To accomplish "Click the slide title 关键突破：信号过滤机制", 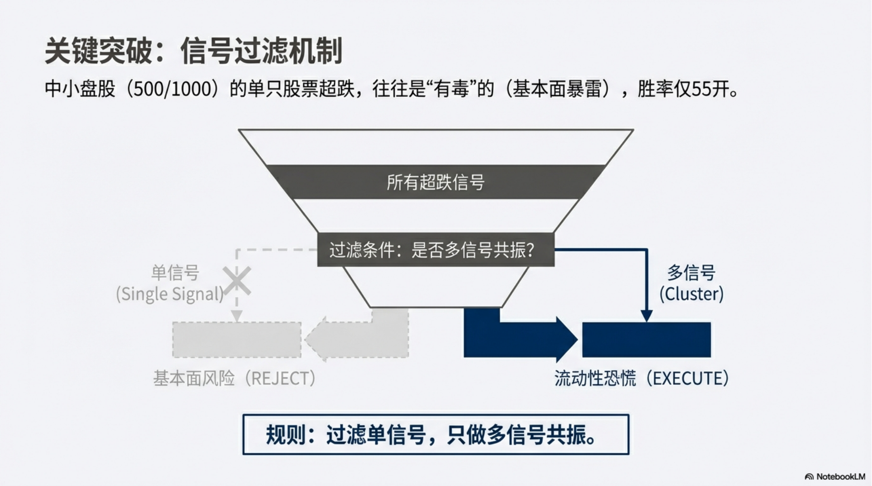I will (x=193, y=51).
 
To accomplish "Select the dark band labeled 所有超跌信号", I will (x=435, y=182).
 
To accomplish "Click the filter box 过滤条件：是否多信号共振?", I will (x=435, y=250).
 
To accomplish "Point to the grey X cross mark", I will (x=237, y=281).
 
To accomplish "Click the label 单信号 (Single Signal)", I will (x=170, y=283).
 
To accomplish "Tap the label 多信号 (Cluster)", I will (x=691, y=283).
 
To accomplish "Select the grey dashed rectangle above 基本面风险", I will (x=237, y=340).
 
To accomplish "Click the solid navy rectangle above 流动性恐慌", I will (x=646, y=340).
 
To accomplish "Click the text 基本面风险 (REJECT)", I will (x=234, y=379).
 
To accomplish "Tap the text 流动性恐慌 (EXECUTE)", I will (x=642, y=379).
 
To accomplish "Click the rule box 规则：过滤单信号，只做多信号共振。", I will (x=435, y=435).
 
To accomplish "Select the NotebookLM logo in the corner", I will (x=835, y=477).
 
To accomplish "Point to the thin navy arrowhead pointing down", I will (x=646, y=316).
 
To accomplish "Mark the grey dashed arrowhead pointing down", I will (x=237, y=316).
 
